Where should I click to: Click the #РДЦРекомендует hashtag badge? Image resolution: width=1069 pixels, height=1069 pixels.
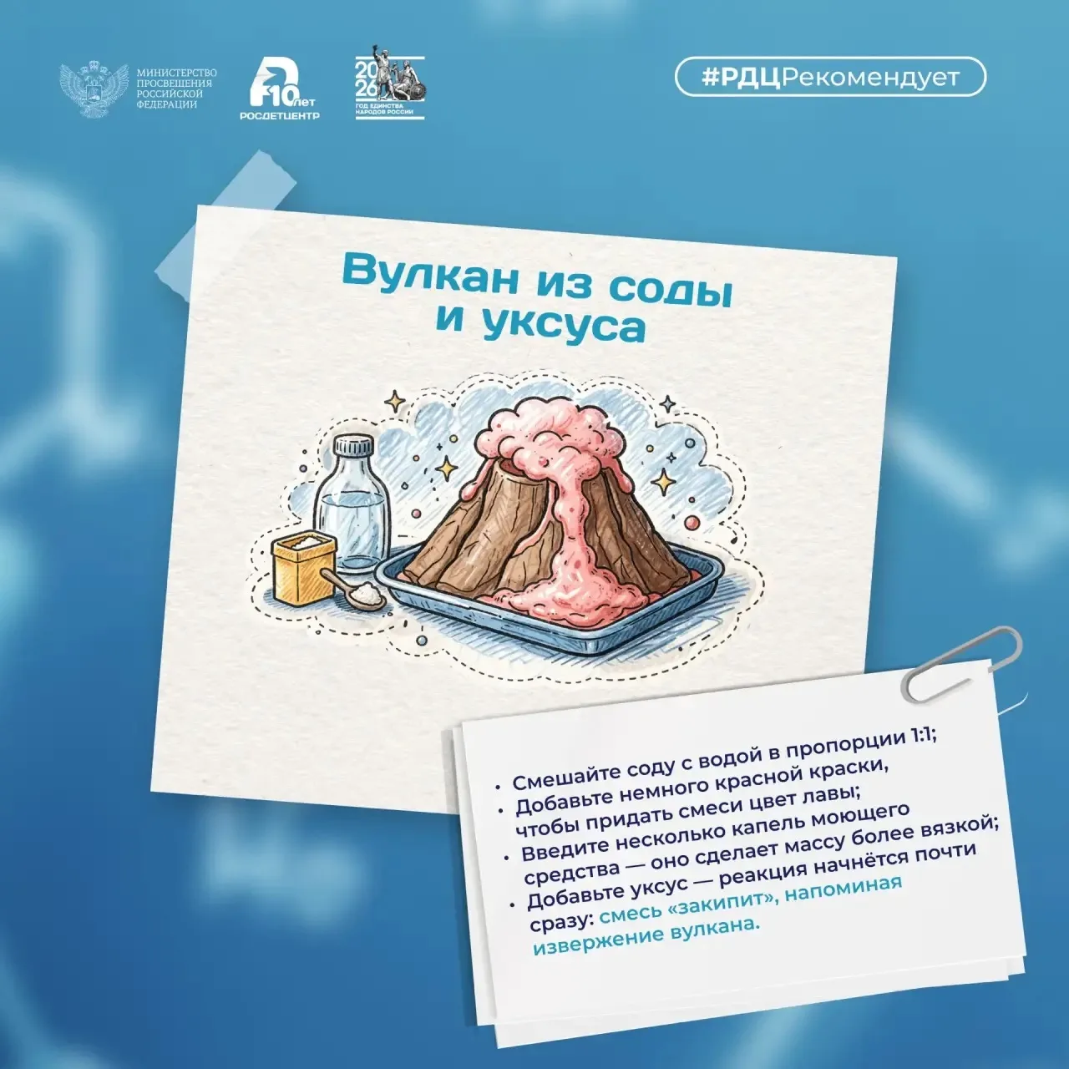coord(830,78)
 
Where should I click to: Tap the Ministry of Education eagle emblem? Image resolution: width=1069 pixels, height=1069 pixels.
coord(94,89)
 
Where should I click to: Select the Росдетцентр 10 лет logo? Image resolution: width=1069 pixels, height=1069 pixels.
coord(280,89)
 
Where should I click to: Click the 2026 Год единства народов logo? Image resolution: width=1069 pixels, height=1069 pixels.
coord(389,82)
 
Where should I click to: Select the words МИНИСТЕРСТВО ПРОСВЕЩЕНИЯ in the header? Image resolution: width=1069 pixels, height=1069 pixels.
coord(176,78)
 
